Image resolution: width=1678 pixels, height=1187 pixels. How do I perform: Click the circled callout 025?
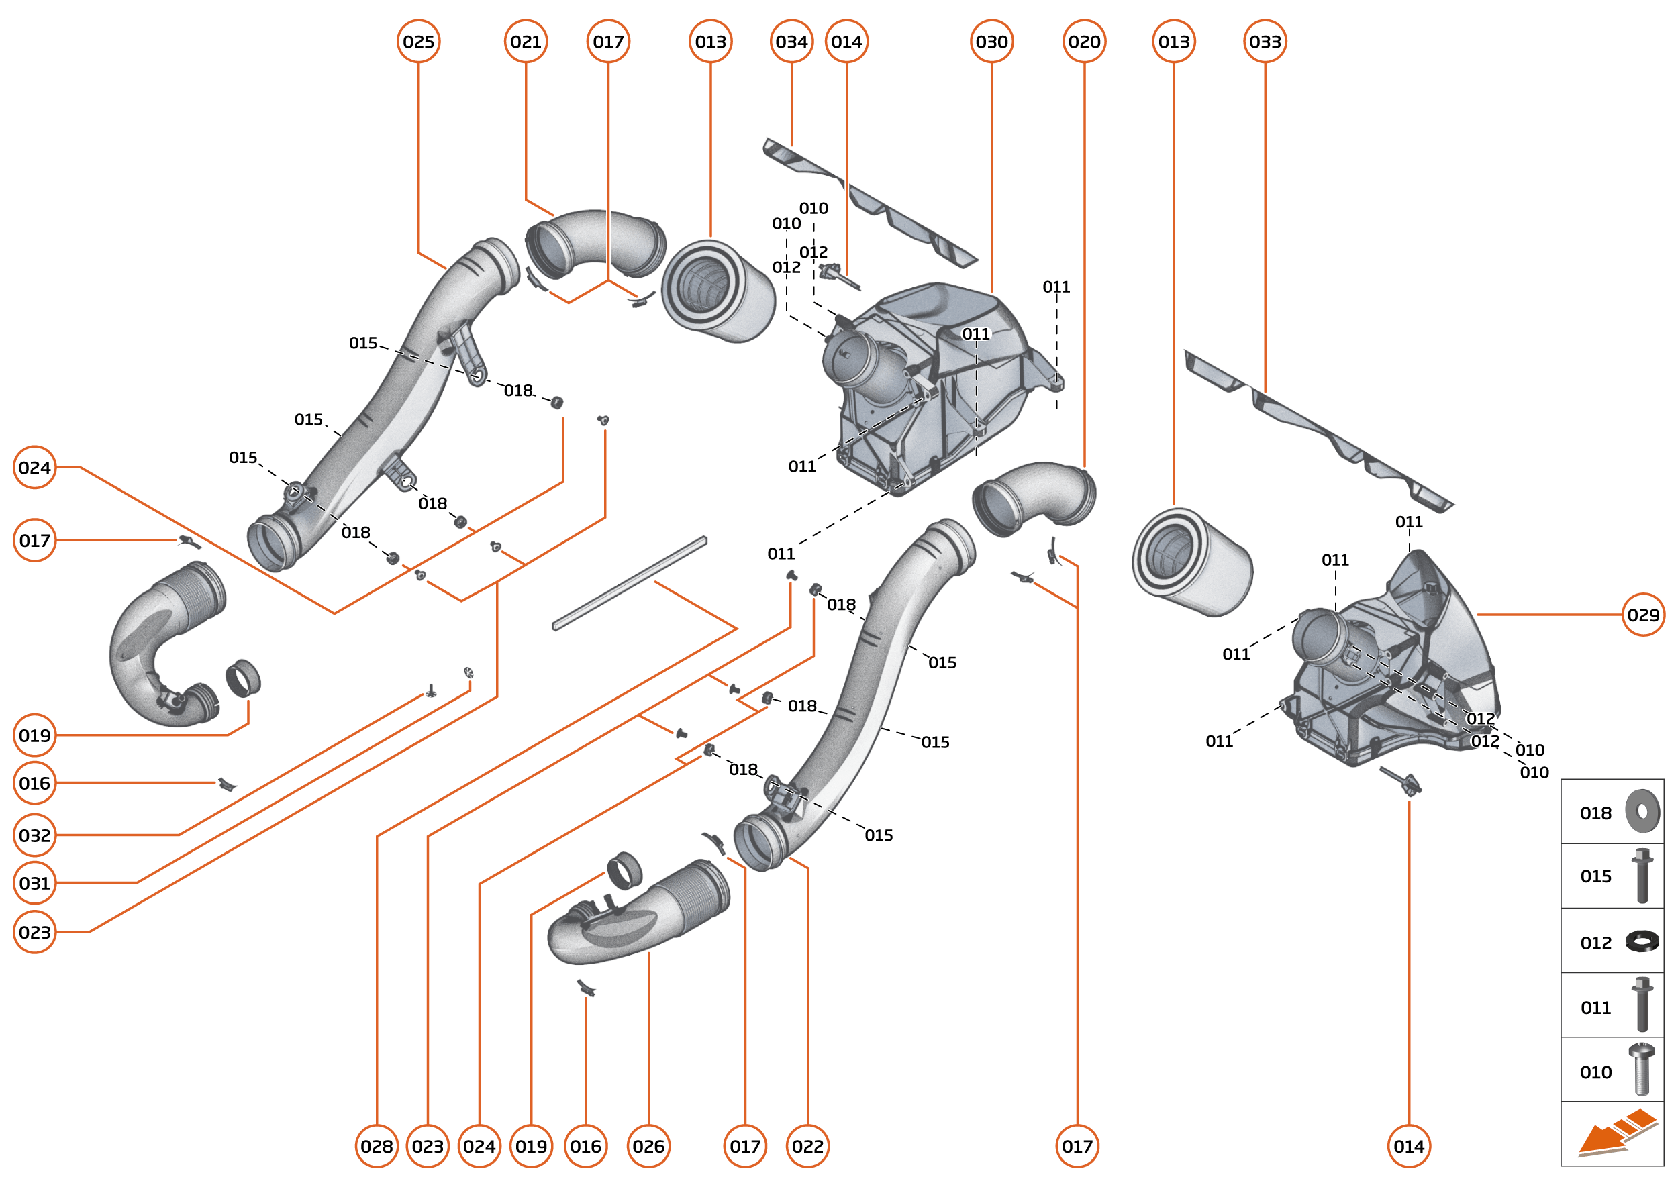418,42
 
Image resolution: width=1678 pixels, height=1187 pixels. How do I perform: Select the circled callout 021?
526,42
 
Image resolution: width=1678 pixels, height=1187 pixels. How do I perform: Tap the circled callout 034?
792,42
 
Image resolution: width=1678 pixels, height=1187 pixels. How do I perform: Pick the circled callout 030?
991,42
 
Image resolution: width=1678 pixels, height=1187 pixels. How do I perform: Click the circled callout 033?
1265,42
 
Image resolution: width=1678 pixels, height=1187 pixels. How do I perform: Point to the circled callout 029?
1643,615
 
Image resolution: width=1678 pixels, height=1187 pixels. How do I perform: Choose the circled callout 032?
34,835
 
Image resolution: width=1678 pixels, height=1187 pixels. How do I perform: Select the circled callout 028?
377,1146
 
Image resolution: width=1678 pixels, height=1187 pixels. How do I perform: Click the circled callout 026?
648,1146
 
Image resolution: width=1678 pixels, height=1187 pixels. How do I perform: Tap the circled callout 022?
808,1146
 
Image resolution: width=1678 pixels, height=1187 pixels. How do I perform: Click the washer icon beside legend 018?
1642,811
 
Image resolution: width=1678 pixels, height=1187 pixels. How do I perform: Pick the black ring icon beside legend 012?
1642,941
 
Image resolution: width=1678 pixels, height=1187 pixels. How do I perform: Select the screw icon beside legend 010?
1642,1070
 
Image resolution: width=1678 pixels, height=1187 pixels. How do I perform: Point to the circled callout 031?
34,883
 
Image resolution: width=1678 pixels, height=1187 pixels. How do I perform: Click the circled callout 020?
1084,42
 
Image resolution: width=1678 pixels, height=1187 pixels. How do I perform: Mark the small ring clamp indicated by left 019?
243,678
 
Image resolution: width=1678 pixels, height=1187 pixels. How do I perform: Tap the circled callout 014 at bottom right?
1409,1146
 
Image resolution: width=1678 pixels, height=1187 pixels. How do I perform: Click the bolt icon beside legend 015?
1642,876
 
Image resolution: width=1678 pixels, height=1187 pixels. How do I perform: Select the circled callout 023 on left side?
34,932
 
